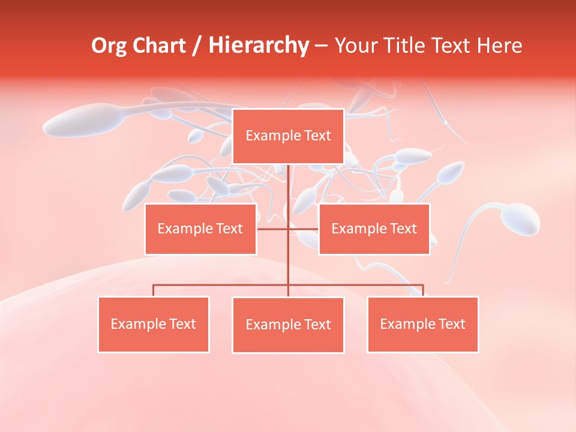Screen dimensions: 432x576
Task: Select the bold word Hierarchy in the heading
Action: [x=258, y=46]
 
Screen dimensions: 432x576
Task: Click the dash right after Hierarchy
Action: [x=321, y=46]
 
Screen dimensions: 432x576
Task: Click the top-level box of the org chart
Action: [x=288, y=136]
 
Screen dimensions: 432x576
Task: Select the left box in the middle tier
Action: [x=200, y=229]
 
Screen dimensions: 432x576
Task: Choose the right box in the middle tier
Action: [x=374, y=229]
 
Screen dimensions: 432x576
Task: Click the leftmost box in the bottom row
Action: [x=154, y=324]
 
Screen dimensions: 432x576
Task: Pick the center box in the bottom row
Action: [x=288, y=325]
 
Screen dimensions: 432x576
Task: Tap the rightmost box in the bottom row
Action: [x=422, y=324]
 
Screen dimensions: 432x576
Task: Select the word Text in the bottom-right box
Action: [x=451, y=324]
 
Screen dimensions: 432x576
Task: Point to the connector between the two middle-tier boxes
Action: [x=288, y=229]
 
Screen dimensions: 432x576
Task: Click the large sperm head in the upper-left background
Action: [x=75, y=120]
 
